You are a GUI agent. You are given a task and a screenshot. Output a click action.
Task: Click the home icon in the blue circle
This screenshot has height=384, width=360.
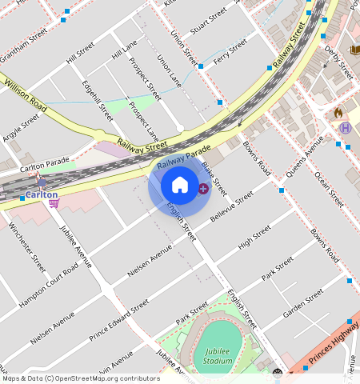tap(180, 186)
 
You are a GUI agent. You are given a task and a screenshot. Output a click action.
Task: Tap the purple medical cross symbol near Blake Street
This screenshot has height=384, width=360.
tap(203, 189)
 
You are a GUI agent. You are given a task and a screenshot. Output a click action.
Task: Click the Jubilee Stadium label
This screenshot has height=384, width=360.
tap(218, 356)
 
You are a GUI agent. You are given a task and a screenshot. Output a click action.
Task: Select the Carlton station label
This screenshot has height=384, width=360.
tap(41, 194)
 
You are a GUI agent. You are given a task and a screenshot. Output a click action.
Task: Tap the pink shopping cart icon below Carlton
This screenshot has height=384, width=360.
tap(54, 203)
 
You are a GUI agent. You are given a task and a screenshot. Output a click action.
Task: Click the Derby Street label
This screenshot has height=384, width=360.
tap(338, 62)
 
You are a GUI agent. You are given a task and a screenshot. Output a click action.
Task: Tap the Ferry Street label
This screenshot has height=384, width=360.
tap(231, 54)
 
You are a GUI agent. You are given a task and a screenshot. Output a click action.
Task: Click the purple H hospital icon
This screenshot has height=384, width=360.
tap(345, 128)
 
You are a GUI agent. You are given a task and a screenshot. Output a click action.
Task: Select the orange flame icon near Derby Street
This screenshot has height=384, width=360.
tap(338, 113)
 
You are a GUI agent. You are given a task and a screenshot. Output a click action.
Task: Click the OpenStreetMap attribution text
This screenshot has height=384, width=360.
tap(80, 378)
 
